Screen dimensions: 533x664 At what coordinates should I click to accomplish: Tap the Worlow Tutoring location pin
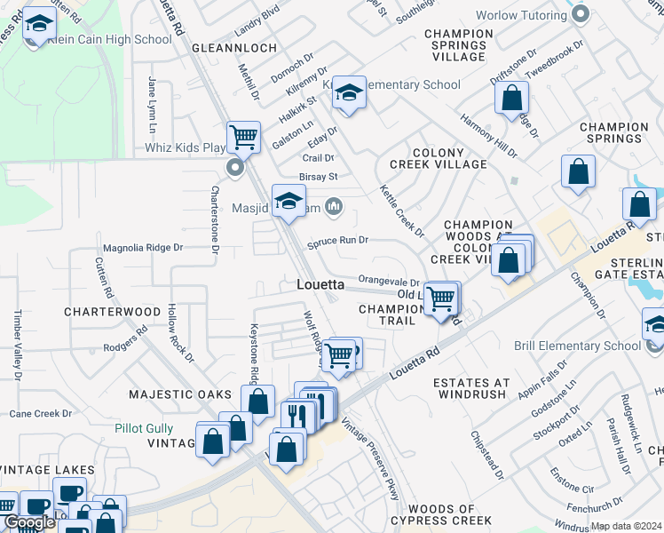pos(581,14)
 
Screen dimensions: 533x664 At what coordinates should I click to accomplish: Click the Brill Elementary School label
pos(576,346)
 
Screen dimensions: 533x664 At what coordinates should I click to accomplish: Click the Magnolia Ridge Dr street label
pos(142,248)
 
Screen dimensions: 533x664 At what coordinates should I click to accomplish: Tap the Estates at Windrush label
pos(470,388)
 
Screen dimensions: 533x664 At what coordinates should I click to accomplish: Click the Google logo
pos(28,523)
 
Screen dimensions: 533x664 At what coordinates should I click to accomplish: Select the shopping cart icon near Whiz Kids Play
pos(243,138)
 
